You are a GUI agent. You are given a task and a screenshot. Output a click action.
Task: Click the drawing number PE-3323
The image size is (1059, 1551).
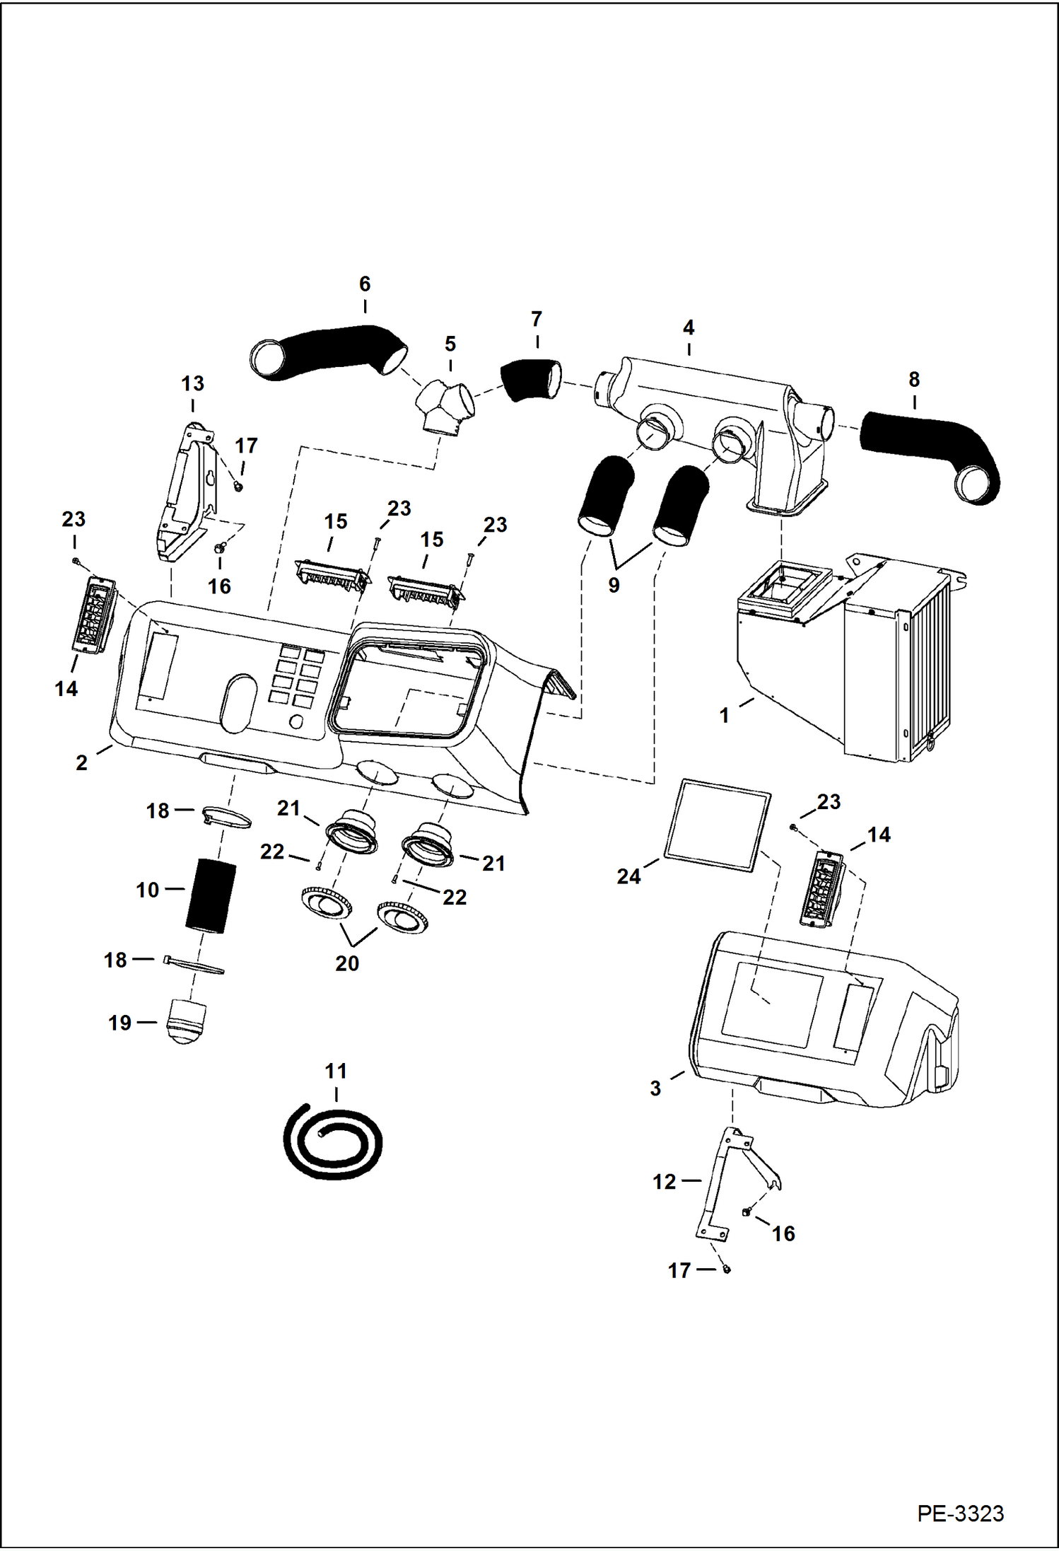(x=959, y=1513)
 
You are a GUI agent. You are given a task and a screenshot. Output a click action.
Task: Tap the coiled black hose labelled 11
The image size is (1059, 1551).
(x=332, y=1141)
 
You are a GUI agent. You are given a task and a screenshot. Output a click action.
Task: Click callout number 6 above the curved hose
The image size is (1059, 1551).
(x=365, y=284)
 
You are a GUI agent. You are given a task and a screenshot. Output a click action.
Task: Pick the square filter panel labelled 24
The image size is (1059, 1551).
(x=717, y=825)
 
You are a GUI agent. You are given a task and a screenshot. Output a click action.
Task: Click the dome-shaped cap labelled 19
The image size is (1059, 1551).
(x=185, y=1021)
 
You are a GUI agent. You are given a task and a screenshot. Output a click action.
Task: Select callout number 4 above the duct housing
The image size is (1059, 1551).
(x=689, y=328)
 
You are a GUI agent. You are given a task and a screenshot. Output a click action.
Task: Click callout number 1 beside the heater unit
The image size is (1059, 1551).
(x=724, y=716)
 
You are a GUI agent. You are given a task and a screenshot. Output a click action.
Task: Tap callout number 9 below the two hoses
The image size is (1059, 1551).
(x=614, y=586)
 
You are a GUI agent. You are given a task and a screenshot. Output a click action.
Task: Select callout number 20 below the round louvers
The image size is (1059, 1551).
(x=346, y=963)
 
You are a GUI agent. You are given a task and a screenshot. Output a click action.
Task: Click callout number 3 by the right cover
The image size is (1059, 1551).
(x=655, y=1088)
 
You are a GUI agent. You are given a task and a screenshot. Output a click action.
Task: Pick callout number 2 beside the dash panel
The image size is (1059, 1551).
(x=82, y=762)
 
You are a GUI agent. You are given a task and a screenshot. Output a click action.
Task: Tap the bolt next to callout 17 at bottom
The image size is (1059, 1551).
(x=727, y=1270)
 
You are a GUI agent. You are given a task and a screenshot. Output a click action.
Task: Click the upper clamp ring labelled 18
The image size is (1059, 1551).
(x=226, y=818)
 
